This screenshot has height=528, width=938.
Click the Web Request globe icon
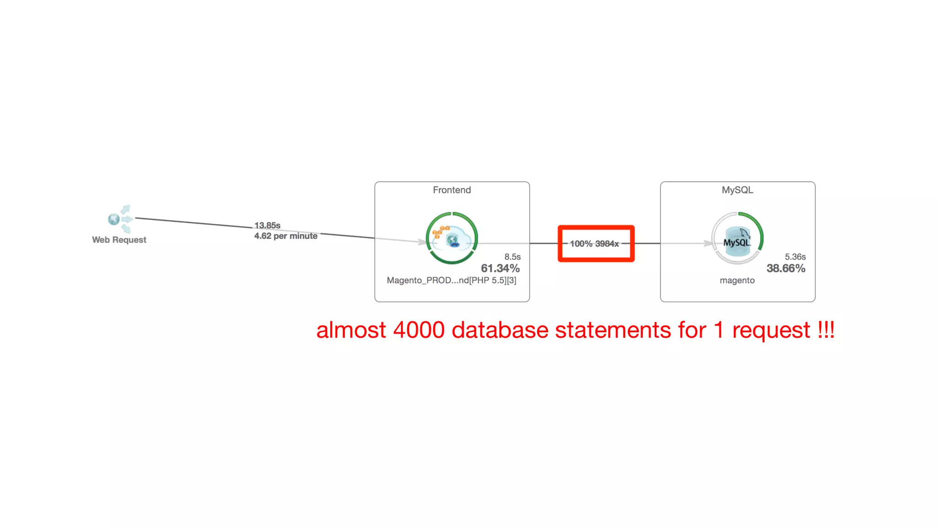(114, 219)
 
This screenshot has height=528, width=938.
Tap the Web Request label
(119, 240)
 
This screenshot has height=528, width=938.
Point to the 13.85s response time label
(267, 225)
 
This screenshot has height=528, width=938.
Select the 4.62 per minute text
(286, 236)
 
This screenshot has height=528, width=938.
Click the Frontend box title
(452, 190)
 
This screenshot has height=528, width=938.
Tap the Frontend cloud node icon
(452, 238)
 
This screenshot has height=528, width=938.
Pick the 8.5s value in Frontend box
(513, 257)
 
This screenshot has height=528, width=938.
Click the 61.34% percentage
(500, 269)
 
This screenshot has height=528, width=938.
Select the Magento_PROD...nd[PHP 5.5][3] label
(452, 280)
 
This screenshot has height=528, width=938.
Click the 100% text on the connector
(581, 244)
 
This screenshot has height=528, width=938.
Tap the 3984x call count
(607, 244)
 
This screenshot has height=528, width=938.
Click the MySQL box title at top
(737, 190)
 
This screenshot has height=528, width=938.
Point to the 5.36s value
(795, 257)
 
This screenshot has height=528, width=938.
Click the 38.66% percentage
(786, 269)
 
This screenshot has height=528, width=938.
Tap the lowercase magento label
(737, 280)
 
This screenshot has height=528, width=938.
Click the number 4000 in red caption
(419, 330)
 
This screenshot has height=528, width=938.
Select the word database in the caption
(500, 330)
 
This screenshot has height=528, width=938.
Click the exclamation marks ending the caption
(826, 330)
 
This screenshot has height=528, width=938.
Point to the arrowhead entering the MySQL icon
(709, 243)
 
